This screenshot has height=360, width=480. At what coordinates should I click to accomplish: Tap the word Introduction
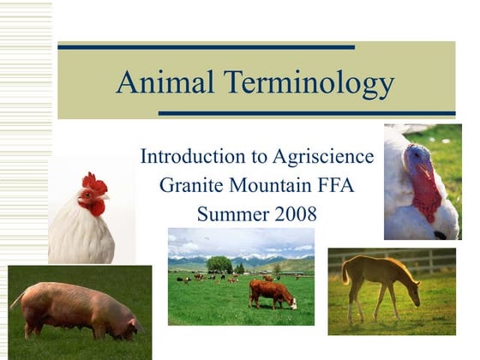190,157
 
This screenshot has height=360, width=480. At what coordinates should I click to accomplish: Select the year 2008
290,213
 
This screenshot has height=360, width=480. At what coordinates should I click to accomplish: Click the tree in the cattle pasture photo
219,264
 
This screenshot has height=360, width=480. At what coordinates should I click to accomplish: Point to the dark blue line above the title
206,46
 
